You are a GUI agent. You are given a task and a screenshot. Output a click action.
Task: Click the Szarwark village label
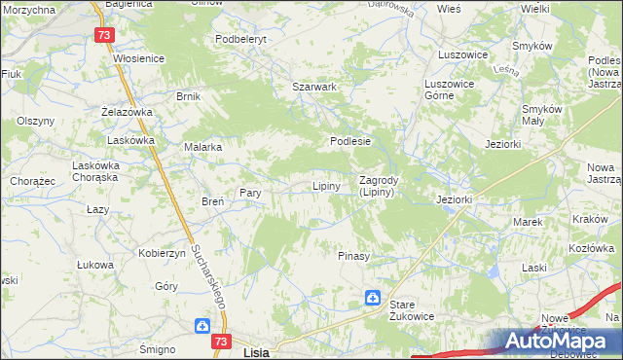pos(314,87)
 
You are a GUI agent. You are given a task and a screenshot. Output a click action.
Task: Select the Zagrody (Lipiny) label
pos(376,186)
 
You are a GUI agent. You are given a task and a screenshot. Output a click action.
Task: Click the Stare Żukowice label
pos(411,310)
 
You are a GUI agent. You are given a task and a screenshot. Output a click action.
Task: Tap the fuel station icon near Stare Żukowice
pos(373,297)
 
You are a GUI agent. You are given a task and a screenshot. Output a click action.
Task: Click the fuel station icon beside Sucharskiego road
pos(202,327)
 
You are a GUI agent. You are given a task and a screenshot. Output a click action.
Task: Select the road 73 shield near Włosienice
pos(106,35)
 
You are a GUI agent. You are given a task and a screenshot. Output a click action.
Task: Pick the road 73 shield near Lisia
pos(222,342)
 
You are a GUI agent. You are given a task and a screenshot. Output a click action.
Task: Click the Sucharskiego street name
pos(209,274)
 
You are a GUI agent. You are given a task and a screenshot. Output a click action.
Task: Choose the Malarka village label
pos(203,147)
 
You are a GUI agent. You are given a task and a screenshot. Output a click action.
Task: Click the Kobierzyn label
pos(162,252)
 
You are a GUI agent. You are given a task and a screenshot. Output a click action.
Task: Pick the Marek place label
pos(528,222)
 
